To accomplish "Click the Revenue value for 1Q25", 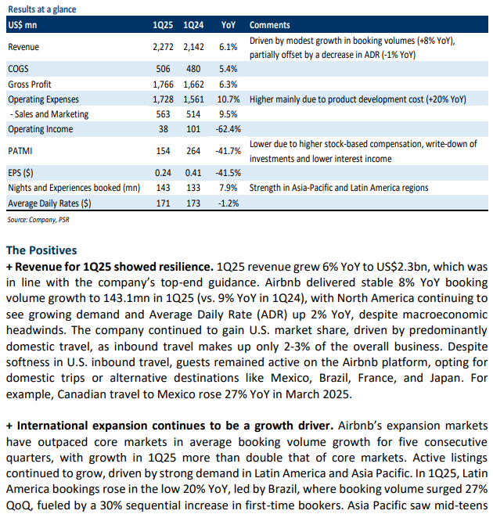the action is [x=163, y=47].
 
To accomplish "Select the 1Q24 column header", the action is [x=193, y=25].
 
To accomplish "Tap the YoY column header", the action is [x=229, y=25].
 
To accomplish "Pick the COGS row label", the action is [x=18, y=69].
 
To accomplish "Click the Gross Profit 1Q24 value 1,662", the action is [x=193, y=84].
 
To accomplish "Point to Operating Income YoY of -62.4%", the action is [x=229, y=129].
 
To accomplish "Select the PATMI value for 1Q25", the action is [x=163, y=151].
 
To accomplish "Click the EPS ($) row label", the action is [x=20, y=173].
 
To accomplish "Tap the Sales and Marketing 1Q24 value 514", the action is [x=193, y=114].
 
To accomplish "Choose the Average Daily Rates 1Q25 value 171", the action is [x=163, y=203].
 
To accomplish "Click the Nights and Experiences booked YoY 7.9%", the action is [x=229, y=188].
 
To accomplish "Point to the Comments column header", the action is [x=270, y=25].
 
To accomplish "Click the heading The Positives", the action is [x=41, y=250].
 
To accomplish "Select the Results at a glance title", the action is [x=42, y=9].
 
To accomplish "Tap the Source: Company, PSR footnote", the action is [x=38, y=220].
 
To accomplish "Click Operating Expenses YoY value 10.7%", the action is [x=229, y=99].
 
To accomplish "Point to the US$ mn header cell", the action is [x=23, y=25].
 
